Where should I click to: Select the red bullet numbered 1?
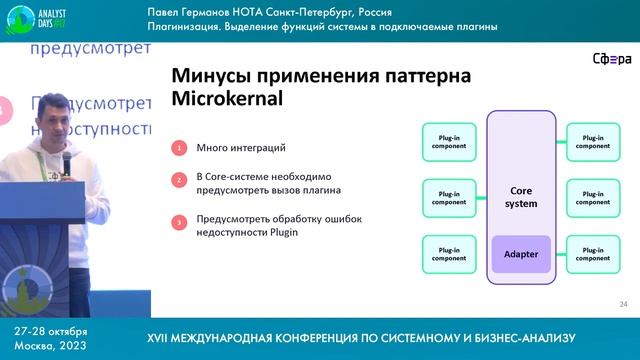point(179,148)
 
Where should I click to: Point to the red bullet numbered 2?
point(179,182)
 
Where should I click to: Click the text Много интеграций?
point(232,148)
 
